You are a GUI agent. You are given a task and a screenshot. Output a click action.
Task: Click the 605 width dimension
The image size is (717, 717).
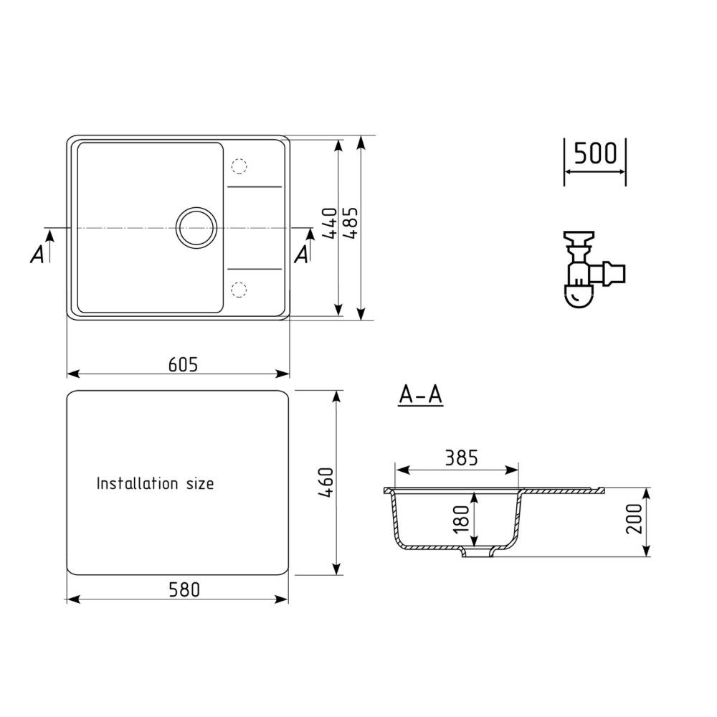point(183,364)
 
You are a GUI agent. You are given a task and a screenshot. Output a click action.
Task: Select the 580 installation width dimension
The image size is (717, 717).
point(184,589)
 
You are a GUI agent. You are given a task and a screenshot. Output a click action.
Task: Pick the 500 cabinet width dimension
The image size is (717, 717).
point(595,153)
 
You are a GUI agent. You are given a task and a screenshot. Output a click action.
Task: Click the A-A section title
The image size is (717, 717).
point(421,395)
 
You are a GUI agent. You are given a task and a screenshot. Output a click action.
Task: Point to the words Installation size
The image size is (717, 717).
point(155,484)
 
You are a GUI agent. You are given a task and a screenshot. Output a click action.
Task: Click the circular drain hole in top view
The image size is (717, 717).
point(196,228)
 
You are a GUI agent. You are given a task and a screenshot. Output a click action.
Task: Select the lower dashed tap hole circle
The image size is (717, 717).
point(239,289)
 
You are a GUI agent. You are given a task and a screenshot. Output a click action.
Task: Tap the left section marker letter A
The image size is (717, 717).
point(37,254)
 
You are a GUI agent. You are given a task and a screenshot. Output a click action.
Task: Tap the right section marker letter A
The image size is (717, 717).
point(302,254)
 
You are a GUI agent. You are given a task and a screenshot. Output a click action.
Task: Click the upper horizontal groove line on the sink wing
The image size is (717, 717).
point(255,187)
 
